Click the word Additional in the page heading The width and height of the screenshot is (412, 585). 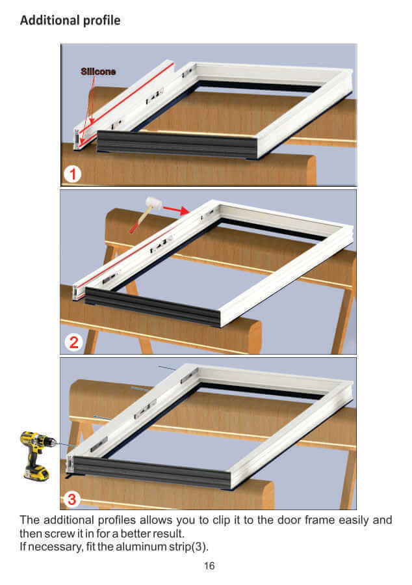pyautogui.click(x=49, y=20)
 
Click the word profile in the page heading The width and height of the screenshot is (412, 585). pyautogui.click(x=101, y=21)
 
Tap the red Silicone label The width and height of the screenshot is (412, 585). pyautogui.click(x=98, y=72)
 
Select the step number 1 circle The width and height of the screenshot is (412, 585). pyautogui.click(x=72, y=174)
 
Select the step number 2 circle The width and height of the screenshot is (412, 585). pyautogui.click(x=73, y=342)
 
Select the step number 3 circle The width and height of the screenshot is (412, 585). pyautogui.click(x=72, y=499)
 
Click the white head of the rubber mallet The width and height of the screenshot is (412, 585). pyautogui.click(x=153, y=203)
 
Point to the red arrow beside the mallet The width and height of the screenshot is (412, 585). pyautogui.click(x=176, y=210)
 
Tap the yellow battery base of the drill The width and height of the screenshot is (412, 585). pyautogui.click(x=36, y=473)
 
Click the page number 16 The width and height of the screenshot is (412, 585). pyautogui.click(x=209, y=565)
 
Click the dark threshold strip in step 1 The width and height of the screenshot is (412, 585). pyautogui.click(x=177, y=144)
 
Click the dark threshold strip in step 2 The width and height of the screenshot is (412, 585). pyautogui.click(x=153, y=306)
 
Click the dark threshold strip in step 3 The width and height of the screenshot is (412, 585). pyautogui.click(x=152, y=472)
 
